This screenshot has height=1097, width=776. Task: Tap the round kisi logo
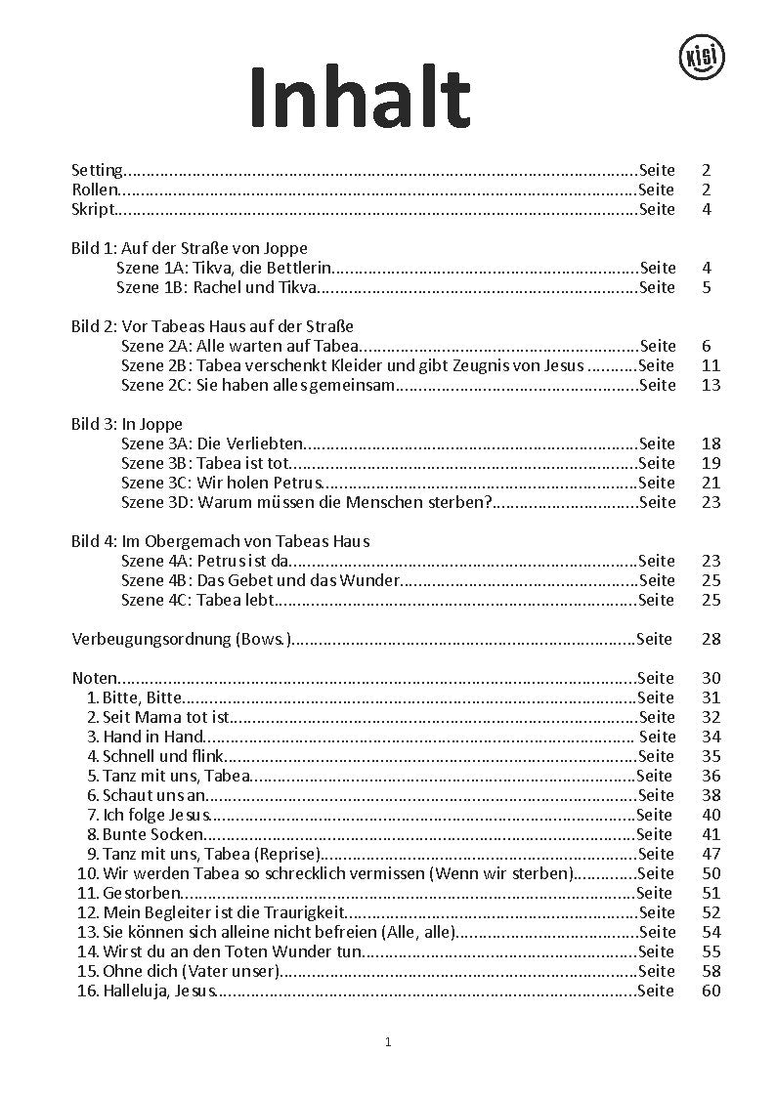[701, 57]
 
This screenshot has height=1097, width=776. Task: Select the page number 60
[711, 991]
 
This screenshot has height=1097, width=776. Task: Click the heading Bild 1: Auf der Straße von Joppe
[190, 248]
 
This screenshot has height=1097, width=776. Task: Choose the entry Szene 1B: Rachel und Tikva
[217, 287]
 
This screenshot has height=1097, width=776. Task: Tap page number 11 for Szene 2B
[711, 365]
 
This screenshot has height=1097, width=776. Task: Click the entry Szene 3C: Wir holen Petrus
[221, 483]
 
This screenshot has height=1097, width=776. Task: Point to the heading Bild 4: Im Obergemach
[221, 541]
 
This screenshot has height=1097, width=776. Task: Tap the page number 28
[711, 639]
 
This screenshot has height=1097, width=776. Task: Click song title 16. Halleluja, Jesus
[147, 991]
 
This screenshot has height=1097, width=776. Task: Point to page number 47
[711, 854]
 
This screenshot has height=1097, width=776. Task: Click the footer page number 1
[388, 1042]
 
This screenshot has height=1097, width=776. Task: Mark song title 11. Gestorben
[130, 893]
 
